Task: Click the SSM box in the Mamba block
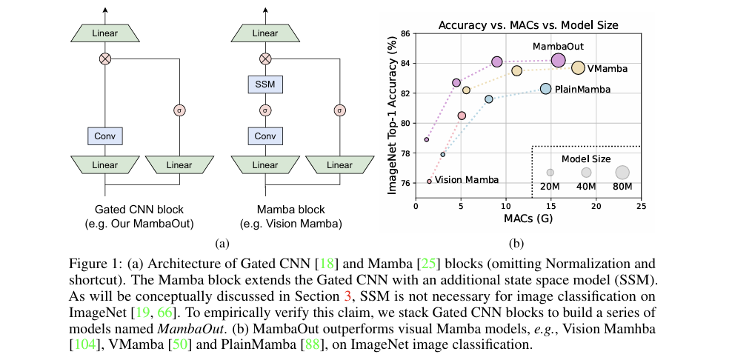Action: tap(265, 85)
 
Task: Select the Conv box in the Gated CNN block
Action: tap(105, 136)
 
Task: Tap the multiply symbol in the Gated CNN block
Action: tap(105, 59)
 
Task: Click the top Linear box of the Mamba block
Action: tap(265, 33)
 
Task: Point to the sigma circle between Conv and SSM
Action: tap(265, 110)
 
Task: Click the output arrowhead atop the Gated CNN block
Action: tap(105, 10)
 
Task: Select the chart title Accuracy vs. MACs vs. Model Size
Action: tap(528, 25)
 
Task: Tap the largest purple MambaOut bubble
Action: tap(558, 61)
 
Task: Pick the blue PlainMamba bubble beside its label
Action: tap(546, 89)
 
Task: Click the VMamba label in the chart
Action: tap(608, 69)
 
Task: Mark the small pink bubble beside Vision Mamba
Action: tap(429, 181)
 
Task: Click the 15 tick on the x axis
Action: tap(551, 205)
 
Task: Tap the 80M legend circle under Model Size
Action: tap(622, 173)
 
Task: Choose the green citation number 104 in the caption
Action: tap(86, 344)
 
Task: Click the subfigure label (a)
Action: tap(221, 244)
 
